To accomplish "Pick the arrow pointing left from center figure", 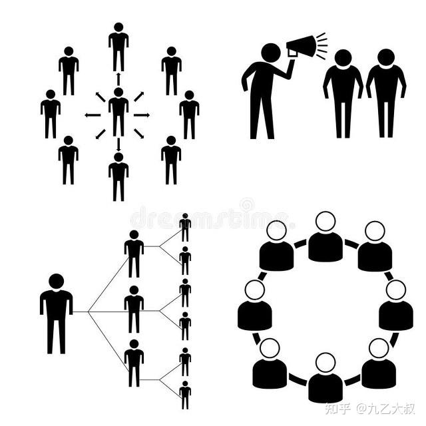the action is [x=93, y=115].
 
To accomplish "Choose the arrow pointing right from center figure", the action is [x=142, y=115].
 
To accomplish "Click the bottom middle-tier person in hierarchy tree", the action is [x=134, y=362].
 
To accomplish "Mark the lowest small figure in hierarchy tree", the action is [x=185, y=394].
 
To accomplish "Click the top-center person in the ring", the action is [x=325, y=238].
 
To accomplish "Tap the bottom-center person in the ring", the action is [x=325, y=379].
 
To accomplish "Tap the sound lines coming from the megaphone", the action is [x=321, y=45].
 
